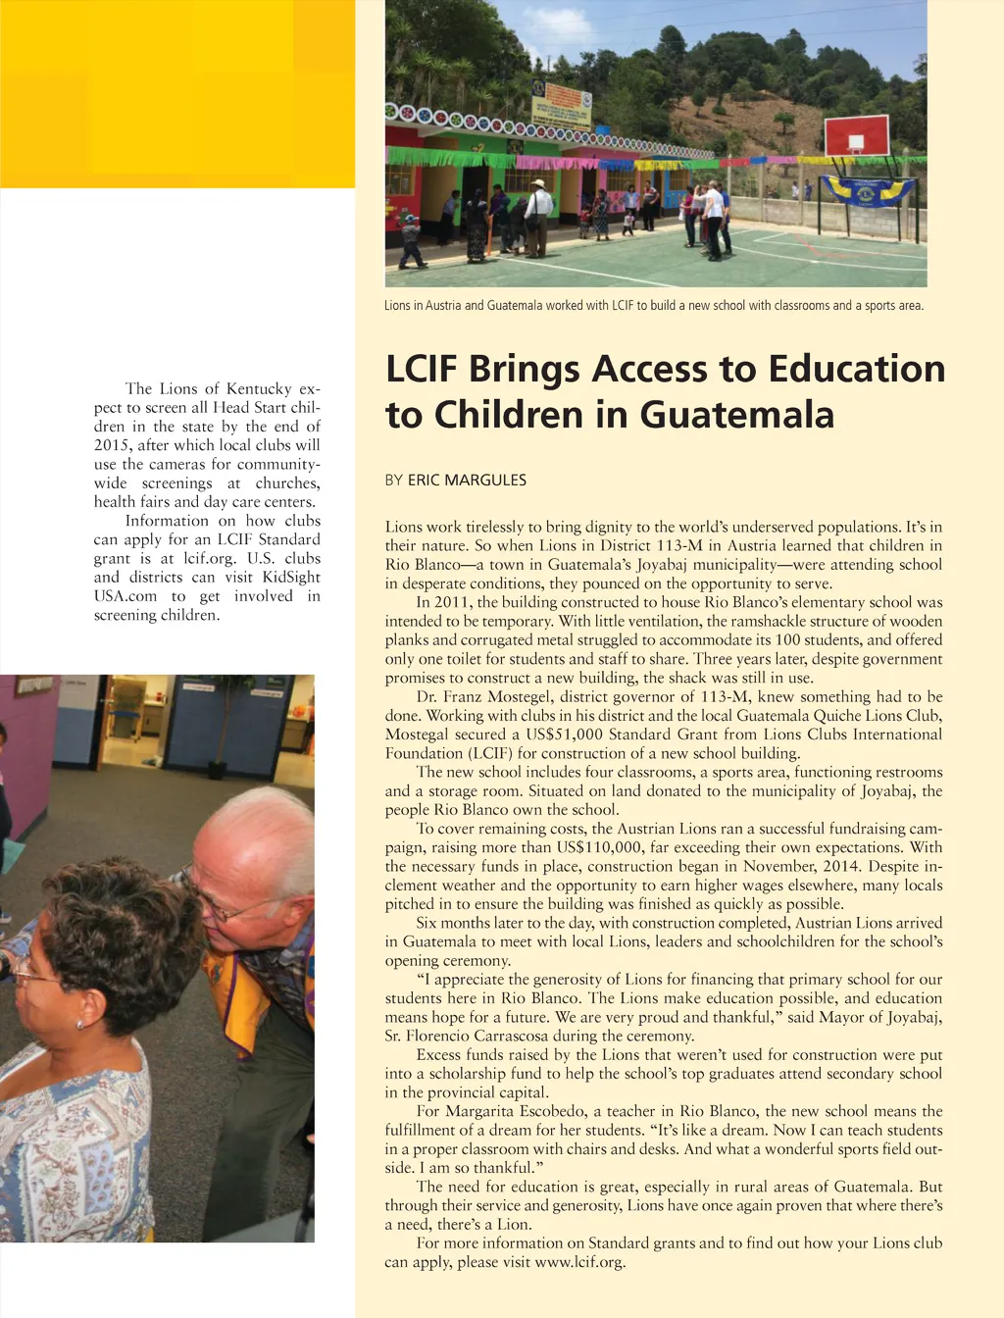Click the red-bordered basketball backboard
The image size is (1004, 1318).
click(857, 134)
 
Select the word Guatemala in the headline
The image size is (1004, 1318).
click(736, 415)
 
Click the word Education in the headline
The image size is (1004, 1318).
click(856, 369)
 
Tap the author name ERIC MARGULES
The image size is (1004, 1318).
click(467, 480)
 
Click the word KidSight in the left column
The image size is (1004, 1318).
click(291, 577)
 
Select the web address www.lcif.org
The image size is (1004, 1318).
click(578, 1262)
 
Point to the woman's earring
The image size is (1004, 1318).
click(79, 1023)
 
